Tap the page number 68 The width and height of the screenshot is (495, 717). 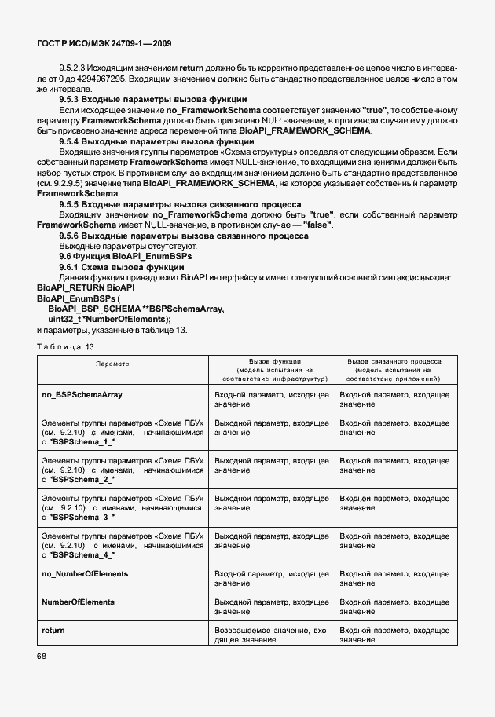[42, 655]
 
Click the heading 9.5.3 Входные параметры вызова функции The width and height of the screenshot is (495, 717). [153, 100]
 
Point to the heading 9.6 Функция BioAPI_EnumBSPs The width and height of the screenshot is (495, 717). [126, 256]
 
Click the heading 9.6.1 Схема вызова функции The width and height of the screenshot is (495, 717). [122, 267]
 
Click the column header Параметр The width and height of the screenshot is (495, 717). [112, 364]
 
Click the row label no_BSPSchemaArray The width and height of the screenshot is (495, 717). [81, 393]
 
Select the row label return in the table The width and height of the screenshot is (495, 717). [53, 631]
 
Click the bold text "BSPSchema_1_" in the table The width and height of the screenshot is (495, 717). [81, 442]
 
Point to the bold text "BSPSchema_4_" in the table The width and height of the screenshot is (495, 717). [81, 555]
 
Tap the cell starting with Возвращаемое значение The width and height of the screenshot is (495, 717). [271, 635]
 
